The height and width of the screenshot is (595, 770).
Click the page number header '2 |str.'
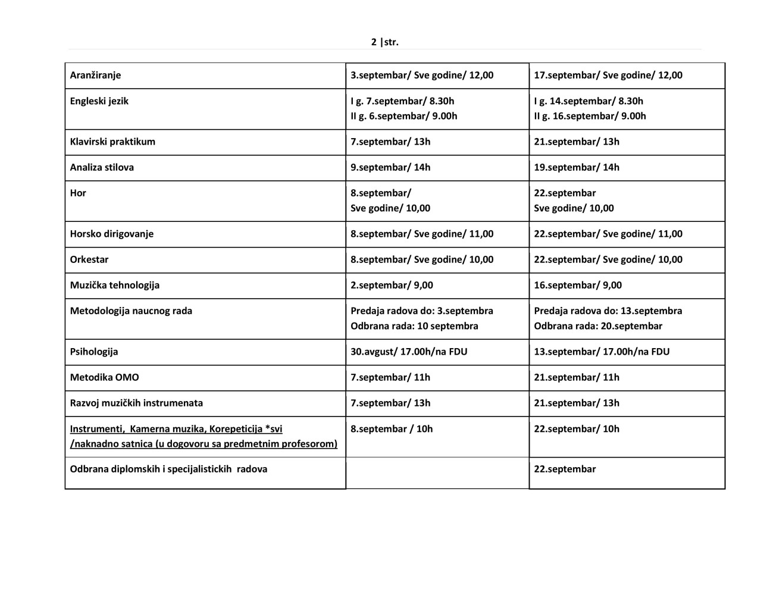click(384, 42)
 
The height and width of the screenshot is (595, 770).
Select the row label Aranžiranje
click(95, 75)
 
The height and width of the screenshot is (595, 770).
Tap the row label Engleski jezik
click(99, 101)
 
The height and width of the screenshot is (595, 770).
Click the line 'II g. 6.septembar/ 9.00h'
click(403, 116)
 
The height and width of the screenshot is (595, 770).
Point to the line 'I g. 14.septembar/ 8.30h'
click(588, 101)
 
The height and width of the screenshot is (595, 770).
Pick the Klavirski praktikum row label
click(112, 142)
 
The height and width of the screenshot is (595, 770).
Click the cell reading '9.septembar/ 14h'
click(390, 167)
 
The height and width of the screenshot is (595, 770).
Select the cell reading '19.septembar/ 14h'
click(576, 167)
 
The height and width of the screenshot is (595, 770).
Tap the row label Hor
click(78, 193)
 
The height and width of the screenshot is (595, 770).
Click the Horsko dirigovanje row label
click(111, 234)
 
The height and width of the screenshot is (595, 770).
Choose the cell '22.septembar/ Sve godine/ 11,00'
click(608, 234)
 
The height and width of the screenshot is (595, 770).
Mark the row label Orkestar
click(89, 259)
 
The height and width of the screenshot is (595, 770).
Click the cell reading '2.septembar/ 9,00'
click(392, 285)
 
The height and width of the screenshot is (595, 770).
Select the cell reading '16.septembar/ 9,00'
click(577, 285)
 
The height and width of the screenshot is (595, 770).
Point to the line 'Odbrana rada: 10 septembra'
click(414, 326)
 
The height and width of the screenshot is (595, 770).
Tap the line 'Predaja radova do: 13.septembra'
click(608, 311)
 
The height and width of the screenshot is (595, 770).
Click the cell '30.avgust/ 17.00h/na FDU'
click(409, 352)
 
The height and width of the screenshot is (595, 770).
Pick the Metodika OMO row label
click(104, 377)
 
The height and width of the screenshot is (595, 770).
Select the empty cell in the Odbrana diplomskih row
click(437, 472)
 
